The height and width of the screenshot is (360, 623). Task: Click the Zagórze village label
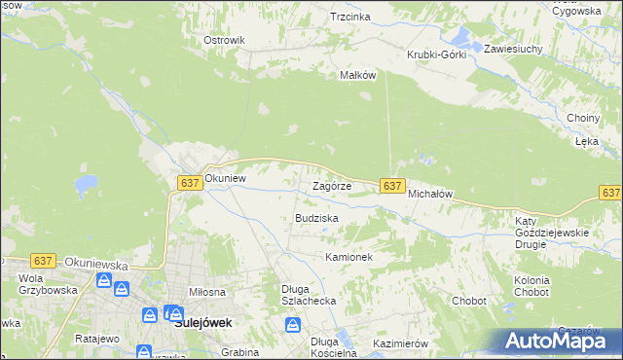tap(331, 186)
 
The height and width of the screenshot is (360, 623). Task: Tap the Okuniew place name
tap(224, 179)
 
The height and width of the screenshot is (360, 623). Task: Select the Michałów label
tap(430, 194)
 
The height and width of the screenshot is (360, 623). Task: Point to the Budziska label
tap(316, 218)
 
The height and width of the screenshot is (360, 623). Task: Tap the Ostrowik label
tap(223, 40)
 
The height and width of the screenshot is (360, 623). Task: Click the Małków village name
tap(356, 75)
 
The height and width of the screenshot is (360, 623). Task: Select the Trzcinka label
tap(350, 17)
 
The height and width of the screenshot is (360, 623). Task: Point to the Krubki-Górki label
tap(437, 54)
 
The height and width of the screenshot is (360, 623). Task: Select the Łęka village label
tap(586, 141)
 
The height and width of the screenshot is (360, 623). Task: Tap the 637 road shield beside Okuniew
tap(190, 183)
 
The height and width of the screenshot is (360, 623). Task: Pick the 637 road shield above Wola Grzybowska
tap(42, 261)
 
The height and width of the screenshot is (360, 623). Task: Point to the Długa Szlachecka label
tap(309, 294)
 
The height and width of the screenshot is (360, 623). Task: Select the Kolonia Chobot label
tap(531, 286)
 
